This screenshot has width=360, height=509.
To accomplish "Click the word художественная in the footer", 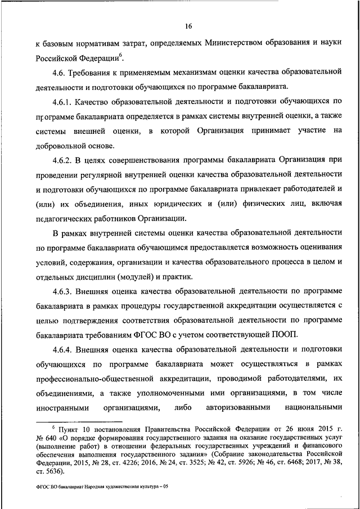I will click(112, 488).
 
